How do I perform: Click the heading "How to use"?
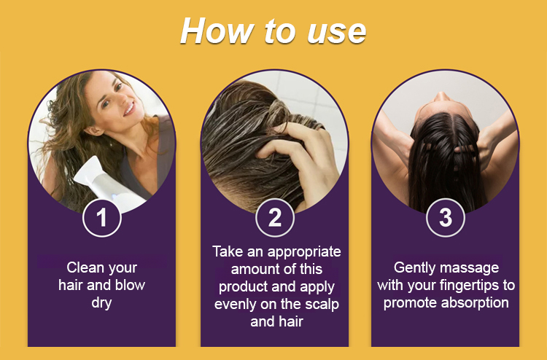click(273, 31)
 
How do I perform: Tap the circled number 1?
click(102, 218)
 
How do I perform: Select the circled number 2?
click(275, 218)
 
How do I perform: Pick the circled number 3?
click(446, 218)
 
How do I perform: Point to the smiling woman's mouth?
click(129, 109)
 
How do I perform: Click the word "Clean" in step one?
click(82, 267)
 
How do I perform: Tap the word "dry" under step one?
click(101, 302)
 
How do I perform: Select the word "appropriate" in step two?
click(301, 252)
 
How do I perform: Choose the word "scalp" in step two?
click(322, 304)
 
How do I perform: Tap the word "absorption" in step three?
click(475, 302)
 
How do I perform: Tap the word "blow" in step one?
click(130, 285)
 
